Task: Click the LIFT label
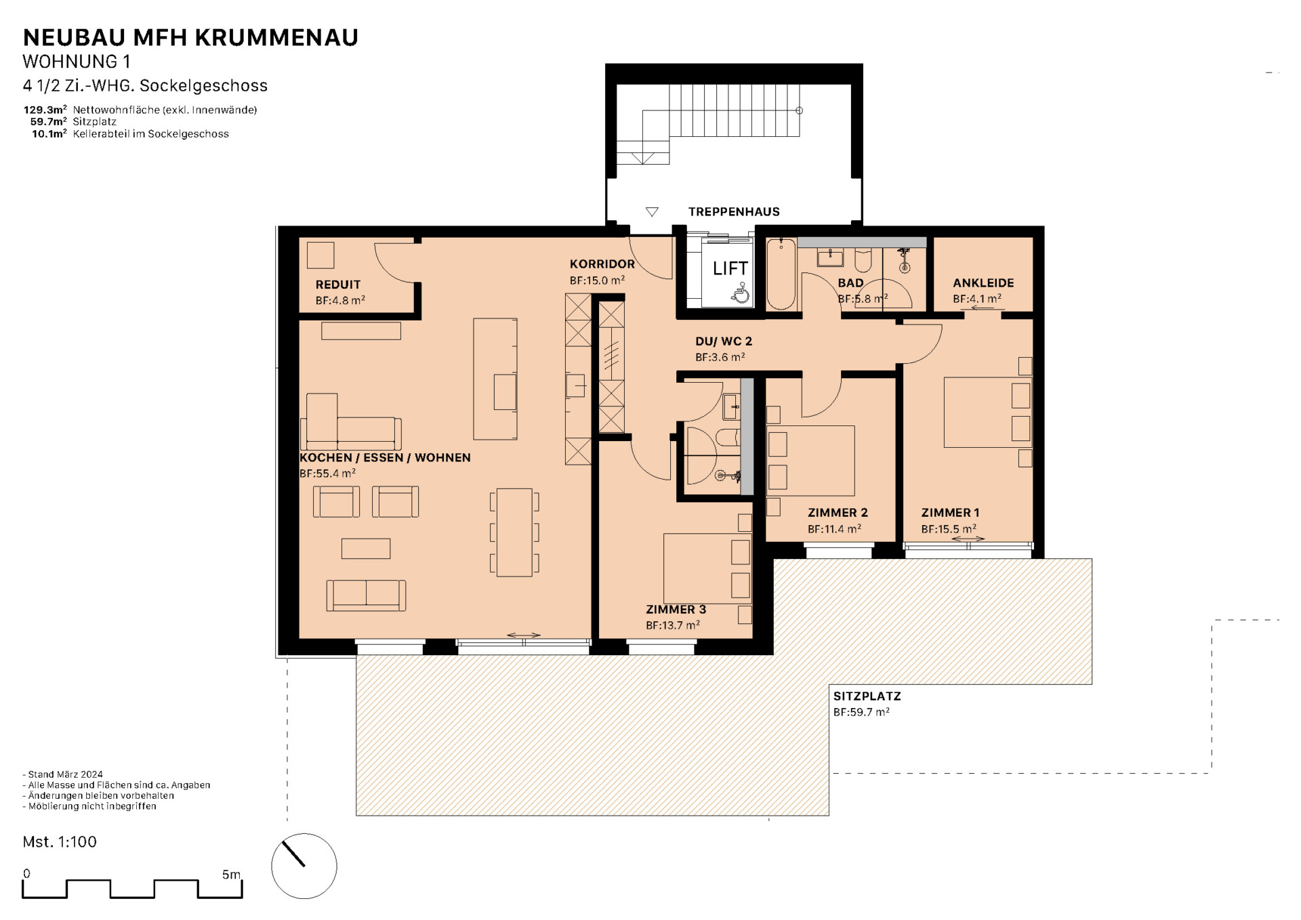click(x=730, y=268)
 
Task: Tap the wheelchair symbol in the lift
click(x=741, y=293)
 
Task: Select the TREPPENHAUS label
click(x=734, y=211)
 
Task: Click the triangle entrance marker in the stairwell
click(x=652, y=212)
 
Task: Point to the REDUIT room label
click(x=338, y=285)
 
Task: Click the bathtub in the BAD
click(x=781, y=274)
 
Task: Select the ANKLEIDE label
click(x=983, y=283)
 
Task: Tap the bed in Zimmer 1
click(x=987, y=412)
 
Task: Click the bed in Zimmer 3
click(x=707, y=568)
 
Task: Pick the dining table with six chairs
click(x=514, y=532)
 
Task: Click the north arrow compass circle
click(x=304, y=866)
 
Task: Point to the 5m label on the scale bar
click(x=231, y=874)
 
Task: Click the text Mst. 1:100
click(x=60, y=841)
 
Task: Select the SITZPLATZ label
click(x=867, y=696)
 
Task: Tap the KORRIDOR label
click(x=602, y=264)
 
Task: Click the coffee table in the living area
click(x=366, y=548)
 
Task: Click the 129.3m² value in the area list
click(x=45, y=109)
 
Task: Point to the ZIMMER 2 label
click(x=838, y=512)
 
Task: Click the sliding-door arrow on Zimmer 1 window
click(x=968, y=539)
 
